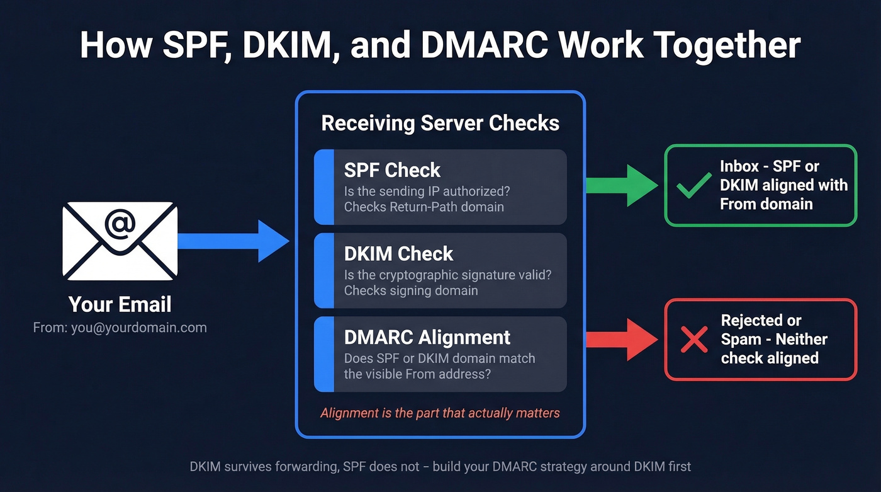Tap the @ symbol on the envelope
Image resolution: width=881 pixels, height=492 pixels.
[x=120, y=226]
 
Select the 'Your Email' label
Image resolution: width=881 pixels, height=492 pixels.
[x=120, y=304]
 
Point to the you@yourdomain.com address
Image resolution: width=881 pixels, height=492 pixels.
[x=120, y=328]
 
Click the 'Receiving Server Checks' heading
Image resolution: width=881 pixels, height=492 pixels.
[x=440, y=123]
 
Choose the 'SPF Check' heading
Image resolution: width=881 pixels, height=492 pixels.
[x=392, y=170]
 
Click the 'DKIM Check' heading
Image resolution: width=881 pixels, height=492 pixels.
[x=398, y=254]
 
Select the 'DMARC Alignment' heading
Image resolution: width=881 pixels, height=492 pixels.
[x=427, y=337]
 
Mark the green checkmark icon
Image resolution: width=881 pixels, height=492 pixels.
[x=693, y=186]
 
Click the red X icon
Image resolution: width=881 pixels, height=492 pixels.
[x=694, y=340]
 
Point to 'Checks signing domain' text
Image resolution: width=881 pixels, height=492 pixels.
[x=411, y=290]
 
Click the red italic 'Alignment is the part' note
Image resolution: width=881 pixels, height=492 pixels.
[x=440, y=413]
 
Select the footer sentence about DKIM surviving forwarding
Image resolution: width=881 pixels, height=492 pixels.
[x=440, y=467]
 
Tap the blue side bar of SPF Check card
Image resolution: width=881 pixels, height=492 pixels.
[x=323, y=187]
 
